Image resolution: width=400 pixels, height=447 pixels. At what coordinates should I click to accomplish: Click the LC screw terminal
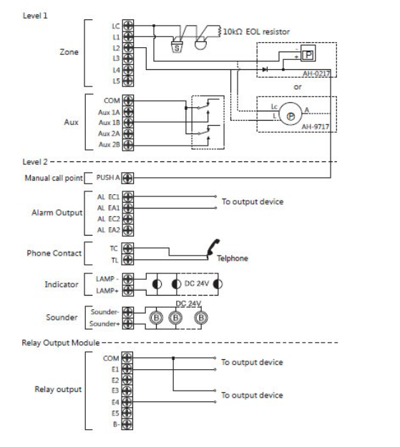[128, 25]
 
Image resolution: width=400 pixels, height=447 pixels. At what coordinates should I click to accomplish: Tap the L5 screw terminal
[128, 81]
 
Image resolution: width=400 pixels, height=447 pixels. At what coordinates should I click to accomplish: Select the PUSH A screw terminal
[127, 179]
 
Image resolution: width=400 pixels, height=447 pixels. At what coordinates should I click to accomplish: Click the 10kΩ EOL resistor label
[256, 31]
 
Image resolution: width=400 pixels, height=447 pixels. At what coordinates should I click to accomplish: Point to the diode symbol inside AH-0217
[265, 69]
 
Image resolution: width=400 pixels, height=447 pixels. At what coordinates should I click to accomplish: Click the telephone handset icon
[213, 247]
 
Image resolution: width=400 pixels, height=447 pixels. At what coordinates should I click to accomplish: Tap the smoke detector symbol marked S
[177, 47]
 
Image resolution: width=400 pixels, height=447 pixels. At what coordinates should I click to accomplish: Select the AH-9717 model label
[316, 126]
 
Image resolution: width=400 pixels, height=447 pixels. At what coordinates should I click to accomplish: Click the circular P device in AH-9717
[291, 114]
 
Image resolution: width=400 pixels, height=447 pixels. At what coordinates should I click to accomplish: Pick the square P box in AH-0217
[308, 54]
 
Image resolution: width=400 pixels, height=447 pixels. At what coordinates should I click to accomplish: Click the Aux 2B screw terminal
[128, 145]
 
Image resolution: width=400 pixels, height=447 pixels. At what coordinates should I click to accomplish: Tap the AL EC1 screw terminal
[128, 196]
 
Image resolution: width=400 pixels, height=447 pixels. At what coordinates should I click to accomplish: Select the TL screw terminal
[127, 260]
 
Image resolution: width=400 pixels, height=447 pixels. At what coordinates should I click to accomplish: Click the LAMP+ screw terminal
[127, 291]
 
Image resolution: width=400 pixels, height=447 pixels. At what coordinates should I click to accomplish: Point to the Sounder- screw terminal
[127, 312]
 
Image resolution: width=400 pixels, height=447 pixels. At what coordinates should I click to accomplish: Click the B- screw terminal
[127, 424]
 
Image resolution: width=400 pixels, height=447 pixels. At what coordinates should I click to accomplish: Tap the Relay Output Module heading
[61, 343]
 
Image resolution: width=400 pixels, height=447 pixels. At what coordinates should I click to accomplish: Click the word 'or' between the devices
[298, 86]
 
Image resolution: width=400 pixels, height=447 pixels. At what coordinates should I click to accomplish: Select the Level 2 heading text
[35, 162]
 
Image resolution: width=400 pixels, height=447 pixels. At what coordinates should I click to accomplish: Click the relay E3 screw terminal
[127, 391]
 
